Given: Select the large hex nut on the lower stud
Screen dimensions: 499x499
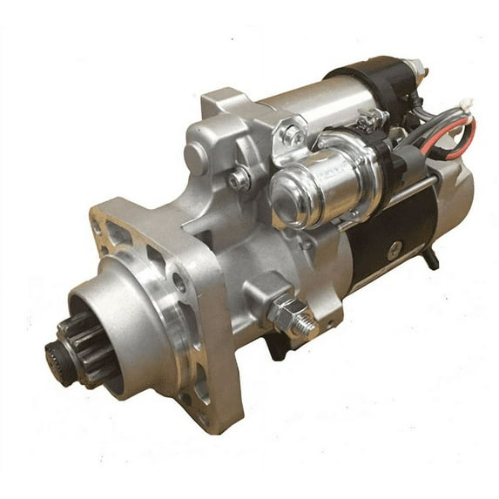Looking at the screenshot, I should [x=286, y=311].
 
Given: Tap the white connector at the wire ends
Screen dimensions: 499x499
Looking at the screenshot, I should [x=467, y=105].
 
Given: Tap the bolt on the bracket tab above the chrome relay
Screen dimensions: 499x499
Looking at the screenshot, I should [x=293, y=135].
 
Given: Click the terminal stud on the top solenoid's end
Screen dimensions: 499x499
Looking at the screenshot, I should [x=416, y=67].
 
